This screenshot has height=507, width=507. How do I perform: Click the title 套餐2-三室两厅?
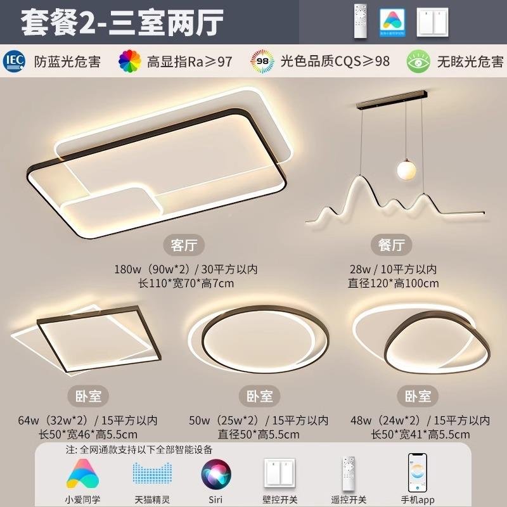pos(122,22)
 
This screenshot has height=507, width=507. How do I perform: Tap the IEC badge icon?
pos(15,61)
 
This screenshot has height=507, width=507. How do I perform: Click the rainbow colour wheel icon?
pos(130,61)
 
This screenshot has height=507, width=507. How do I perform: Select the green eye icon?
pos(418,61)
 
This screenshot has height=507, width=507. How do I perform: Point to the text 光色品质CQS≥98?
pos(335,61)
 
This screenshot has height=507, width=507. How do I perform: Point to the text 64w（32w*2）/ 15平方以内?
pos(87,420)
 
